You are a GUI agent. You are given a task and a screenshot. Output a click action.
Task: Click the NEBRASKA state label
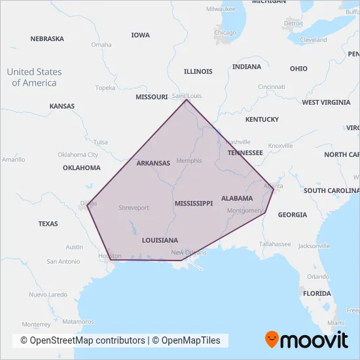click(x=47, y=39)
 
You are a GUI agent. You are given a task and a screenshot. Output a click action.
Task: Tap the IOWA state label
click(x=140, y=35)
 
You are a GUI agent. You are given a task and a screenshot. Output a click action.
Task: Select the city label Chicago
click(x=226, y=33)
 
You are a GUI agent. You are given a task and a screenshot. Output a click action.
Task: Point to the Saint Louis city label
click(x=187, y=96)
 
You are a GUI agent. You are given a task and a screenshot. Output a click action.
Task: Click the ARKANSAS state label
click(x=153, y=164)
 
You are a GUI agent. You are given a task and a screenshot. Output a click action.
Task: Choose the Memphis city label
click(x=190, y=160)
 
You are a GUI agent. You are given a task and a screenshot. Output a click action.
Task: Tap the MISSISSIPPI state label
click(x=194, y=204)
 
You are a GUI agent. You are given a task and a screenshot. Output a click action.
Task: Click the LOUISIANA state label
click(x=160, y=240)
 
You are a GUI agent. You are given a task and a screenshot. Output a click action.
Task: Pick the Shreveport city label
click(x=134, y=207)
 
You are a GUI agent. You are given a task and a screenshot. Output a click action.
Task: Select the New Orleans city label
click(x=189, y=253)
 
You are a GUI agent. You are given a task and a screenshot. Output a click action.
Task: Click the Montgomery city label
click(x=244, y=211)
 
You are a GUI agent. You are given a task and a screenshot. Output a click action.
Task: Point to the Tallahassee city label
click(x=274, y=243)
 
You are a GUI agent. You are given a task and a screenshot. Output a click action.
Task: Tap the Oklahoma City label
click(x=78, y=155)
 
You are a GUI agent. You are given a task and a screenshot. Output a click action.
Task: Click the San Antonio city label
click(x=63, y=261)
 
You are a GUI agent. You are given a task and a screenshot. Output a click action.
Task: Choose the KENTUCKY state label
click(x=262, y=120)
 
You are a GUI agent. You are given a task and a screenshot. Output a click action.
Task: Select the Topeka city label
click(x=105, y=88)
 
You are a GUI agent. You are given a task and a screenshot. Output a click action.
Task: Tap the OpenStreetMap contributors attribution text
click(x=83, y=340)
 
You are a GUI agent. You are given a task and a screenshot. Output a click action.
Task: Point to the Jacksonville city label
click(x=313, y=246)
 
